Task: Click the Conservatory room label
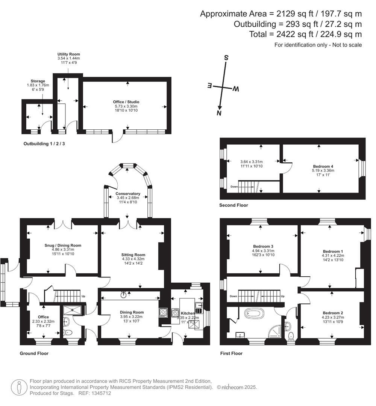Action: [128, 194]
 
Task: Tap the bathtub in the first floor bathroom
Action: [255, 312]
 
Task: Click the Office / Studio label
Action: [126, 102]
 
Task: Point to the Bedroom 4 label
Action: [323, 166]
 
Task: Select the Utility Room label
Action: [68, 54]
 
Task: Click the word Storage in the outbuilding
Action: [38, 81]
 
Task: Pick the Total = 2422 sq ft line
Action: [305, 34]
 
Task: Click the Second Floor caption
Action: [233, 205]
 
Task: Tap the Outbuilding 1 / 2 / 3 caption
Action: [47, 144]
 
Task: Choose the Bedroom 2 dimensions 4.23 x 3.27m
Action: [332, 317]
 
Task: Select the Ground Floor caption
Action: [34, 353]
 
